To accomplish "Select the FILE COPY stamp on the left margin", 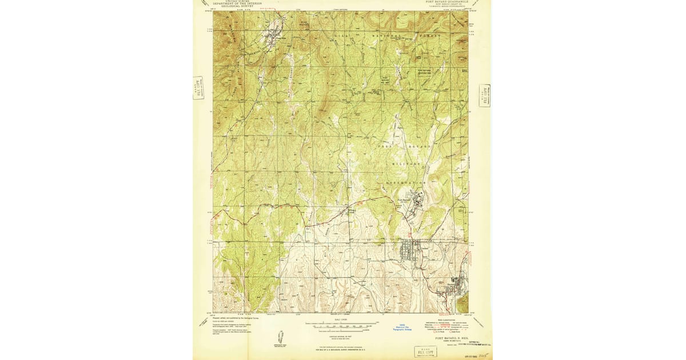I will (198, 88).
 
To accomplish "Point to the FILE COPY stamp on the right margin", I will (485, 96).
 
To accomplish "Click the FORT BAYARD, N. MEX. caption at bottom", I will (452, 338).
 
